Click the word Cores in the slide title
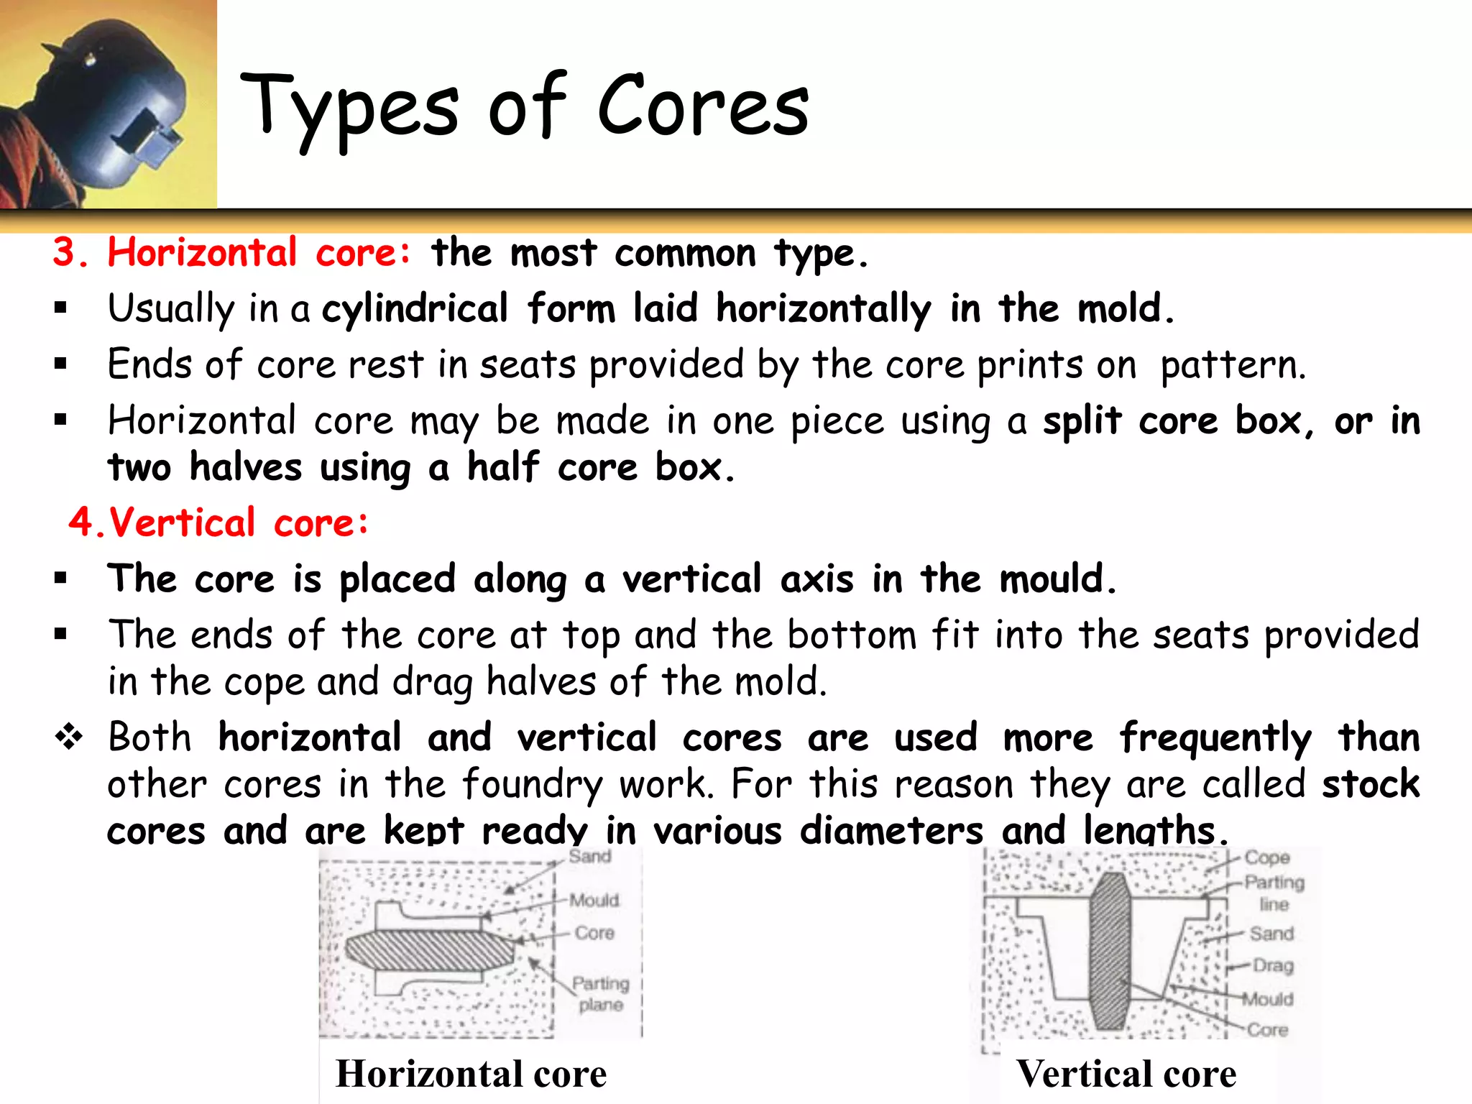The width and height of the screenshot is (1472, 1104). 703,106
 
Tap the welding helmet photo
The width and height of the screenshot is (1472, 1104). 108,104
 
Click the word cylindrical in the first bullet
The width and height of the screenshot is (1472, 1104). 415,309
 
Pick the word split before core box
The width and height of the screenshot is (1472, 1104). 1082,421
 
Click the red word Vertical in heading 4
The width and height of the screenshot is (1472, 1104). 183,523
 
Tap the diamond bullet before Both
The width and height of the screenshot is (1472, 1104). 69,737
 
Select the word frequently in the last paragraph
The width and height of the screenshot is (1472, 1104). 1215,738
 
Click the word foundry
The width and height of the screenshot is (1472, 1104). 532,784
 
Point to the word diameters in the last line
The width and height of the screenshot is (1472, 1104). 891,831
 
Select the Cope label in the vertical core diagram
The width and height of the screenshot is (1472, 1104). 1267,857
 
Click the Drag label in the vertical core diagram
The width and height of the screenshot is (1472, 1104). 1273,965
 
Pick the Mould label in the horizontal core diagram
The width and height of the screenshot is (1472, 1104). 594,900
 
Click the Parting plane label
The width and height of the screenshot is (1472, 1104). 601,993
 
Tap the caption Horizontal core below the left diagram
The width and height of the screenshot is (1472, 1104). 471,1075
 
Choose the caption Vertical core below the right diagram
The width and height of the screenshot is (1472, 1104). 1126,1075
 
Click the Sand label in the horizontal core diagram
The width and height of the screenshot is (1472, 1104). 590,856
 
